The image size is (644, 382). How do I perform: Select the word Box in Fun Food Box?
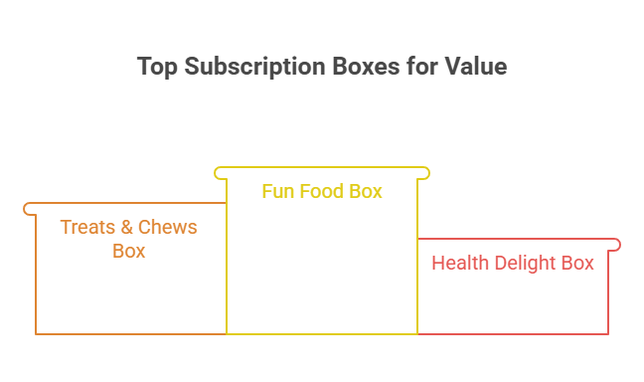click(366, 191)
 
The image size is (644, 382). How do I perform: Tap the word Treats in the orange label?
click(87, 227)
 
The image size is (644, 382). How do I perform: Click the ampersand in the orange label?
click(128, 227)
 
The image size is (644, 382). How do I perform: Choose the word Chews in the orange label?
click(168, 227)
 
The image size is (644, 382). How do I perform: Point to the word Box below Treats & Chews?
click(129, 251)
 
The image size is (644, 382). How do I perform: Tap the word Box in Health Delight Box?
click(578, 264)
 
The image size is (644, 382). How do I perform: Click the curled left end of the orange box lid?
click(29, 208)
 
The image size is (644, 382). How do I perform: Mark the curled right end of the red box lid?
click(616, 245)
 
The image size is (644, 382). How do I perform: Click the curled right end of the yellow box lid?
click(425, 173)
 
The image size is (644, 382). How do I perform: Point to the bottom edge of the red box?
click(513, 334)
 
